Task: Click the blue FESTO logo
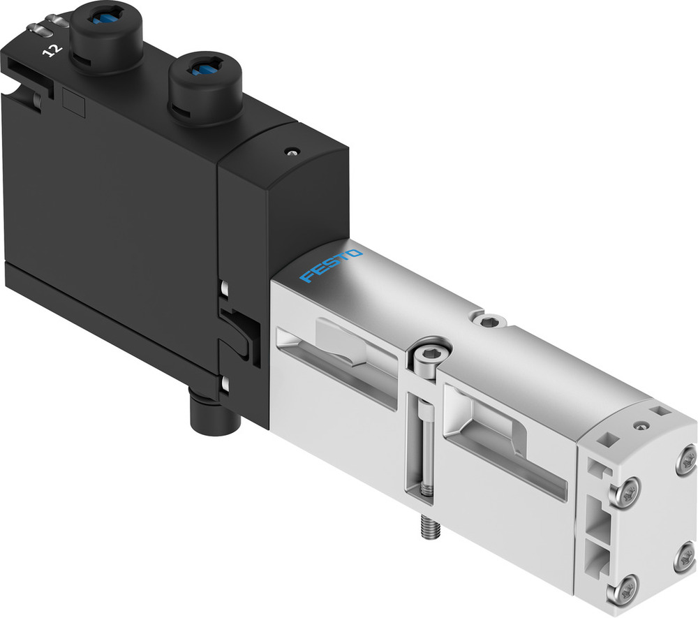[x=332, y=266]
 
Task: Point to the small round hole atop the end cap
[x=638, y=424]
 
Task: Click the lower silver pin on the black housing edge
[x=224, y=383]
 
